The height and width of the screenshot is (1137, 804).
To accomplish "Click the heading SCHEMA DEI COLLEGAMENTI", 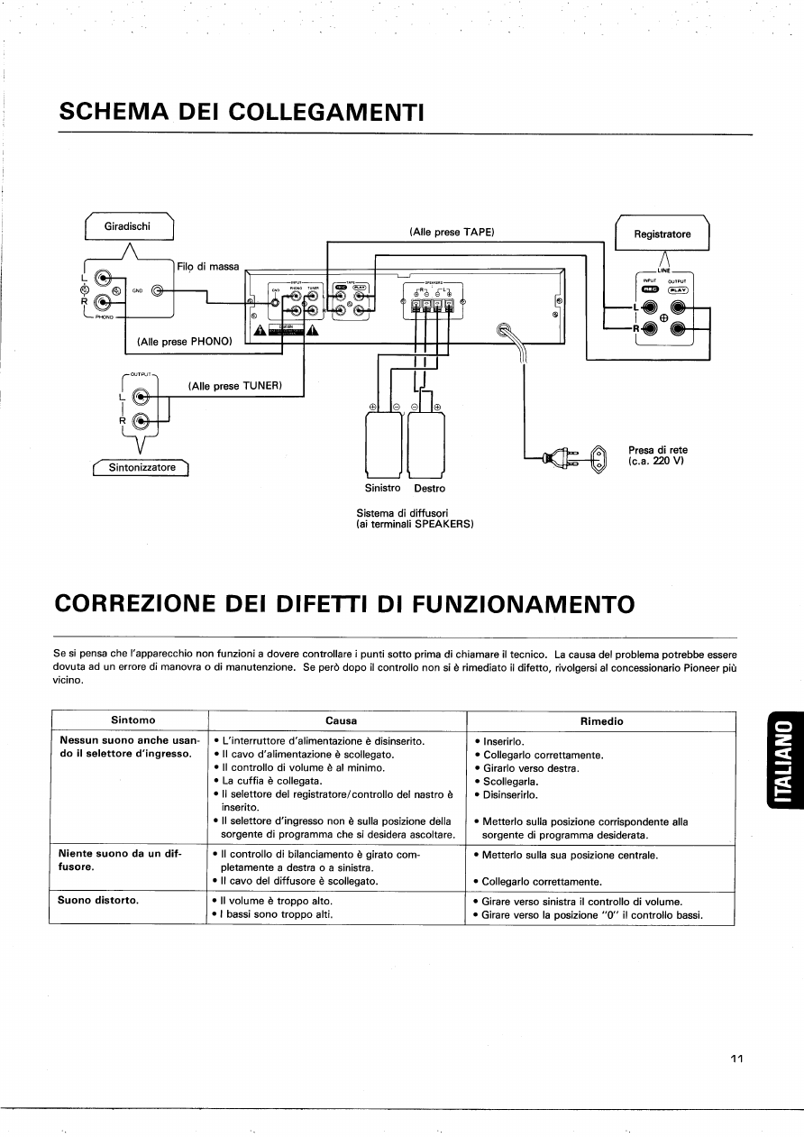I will [241, 112].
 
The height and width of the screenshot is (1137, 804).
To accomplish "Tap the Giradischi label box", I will [130, 226].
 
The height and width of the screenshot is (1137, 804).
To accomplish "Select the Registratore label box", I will [662, 234].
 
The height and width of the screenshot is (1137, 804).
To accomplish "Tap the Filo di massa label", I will [208, 267].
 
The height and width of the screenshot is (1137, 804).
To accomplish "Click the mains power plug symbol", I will [562, 459].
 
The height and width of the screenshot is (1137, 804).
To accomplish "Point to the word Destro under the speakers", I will [429, 488].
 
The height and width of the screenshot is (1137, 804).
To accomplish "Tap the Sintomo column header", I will [132, 720].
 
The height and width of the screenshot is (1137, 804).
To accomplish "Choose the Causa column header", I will [341, 720].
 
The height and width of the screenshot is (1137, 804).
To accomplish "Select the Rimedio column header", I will [601, 720].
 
